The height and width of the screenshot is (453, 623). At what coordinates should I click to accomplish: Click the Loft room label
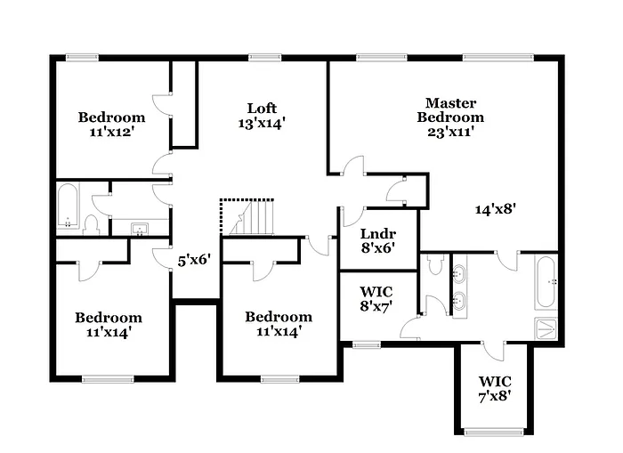tap(262, 109)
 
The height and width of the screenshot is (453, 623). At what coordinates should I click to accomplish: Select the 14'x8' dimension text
tap(496, 209)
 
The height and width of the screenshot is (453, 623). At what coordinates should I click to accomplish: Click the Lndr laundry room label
tap(377, 235)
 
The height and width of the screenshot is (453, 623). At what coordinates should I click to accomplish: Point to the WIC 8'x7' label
tap(376, 292)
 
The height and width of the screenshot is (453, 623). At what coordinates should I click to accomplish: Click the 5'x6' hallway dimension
tap(195, 262)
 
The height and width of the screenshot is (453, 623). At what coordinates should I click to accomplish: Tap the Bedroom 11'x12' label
tap(111, 117)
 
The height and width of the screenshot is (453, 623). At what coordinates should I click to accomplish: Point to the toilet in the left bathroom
tap(93, 223)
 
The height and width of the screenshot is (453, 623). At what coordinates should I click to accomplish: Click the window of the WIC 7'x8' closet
tap(494, 433)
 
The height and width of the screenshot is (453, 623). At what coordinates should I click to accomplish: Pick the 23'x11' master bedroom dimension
tap(450, 132)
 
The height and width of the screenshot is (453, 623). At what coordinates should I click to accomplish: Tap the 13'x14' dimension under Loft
tap(262, 125)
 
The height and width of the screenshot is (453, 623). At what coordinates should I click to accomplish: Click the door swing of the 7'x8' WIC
tap(493, 352)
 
